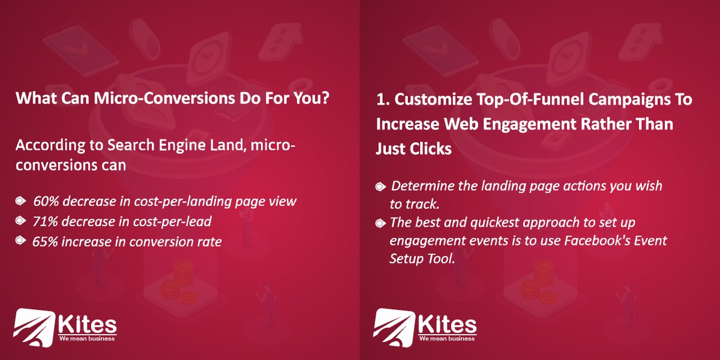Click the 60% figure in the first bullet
pos(45,201)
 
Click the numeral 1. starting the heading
pos(382,100)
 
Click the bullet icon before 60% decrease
pos(21,201)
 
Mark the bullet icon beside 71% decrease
pos(21,221)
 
